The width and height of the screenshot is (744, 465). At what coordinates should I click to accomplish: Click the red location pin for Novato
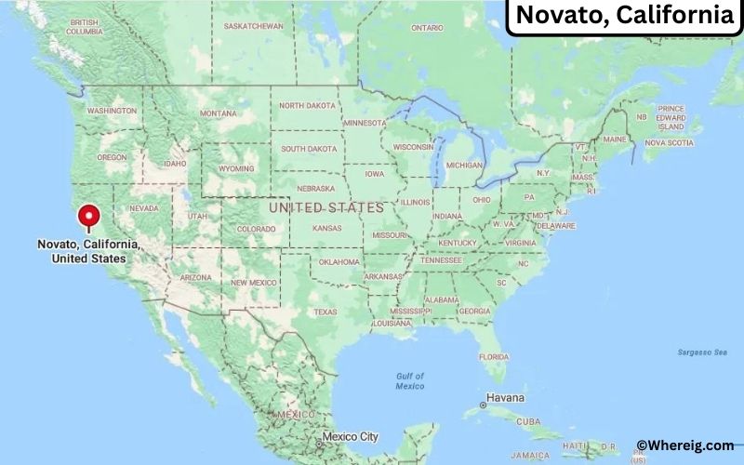[88, 216]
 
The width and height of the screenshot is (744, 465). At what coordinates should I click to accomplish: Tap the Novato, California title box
[623, 16]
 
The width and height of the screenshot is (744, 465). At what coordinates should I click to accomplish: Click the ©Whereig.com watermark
[684, 445]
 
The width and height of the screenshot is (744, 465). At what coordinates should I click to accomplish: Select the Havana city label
[505, 398]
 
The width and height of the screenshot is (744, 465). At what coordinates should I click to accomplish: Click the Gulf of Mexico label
[409, 380]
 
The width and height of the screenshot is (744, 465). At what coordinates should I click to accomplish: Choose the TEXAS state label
[325, 312]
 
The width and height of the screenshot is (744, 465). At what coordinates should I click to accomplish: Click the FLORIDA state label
[494, 357]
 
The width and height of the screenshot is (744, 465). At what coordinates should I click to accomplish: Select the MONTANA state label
[218, 113]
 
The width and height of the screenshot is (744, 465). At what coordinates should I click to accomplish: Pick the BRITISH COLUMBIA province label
[84, 26]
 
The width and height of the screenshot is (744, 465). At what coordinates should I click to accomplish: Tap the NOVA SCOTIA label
[669, 143]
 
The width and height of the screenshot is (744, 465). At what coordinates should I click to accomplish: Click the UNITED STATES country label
[325, 207]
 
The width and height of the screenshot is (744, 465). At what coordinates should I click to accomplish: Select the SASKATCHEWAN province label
[253, 26]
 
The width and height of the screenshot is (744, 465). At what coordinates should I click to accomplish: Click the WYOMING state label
[236, 169]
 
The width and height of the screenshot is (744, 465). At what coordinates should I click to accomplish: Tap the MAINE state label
[615, 139]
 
